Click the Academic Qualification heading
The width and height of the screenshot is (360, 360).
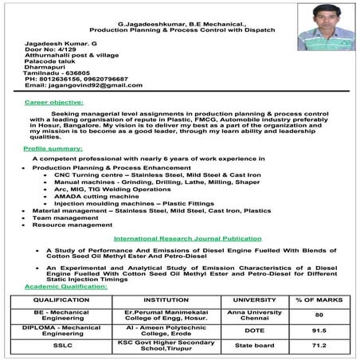(x=61, y=286)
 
